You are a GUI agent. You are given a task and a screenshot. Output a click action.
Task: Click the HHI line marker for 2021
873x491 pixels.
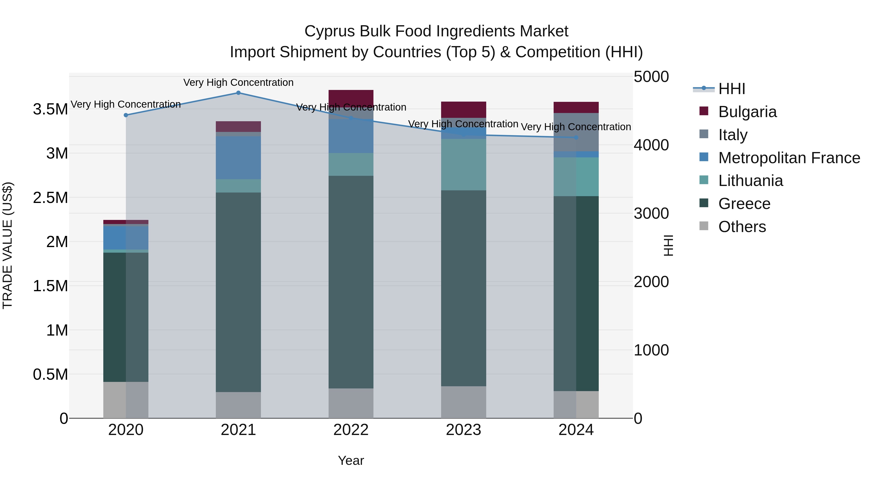coord(238,93)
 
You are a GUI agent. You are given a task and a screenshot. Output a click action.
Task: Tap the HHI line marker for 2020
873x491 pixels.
coord(126,115)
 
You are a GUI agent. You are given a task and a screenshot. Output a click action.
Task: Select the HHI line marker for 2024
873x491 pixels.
coord(576,137)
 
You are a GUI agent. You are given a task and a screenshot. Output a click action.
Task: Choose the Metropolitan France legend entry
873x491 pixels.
coord(789,158)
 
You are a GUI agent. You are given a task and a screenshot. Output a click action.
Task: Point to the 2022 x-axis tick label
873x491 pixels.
coord(351,430)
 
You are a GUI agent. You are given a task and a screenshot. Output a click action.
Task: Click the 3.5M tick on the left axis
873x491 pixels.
coord(50,109)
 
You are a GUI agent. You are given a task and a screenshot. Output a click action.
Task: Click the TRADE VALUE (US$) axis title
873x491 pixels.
coord(8,245)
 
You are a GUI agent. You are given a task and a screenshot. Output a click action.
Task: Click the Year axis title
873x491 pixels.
coord(351,460)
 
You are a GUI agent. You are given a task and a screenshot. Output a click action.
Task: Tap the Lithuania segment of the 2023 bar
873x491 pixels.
coord(463,165)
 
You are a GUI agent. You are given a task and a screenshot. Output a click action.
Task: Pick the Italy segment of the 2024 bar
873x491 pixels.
coord(576,132)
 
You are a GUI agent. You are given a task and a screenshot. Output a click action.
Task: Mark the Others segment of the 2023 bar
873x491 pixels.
coord(463,402)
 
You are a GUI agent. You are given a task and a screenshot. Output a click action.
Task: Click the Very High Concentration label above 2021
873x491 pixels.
coord(238,82)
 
